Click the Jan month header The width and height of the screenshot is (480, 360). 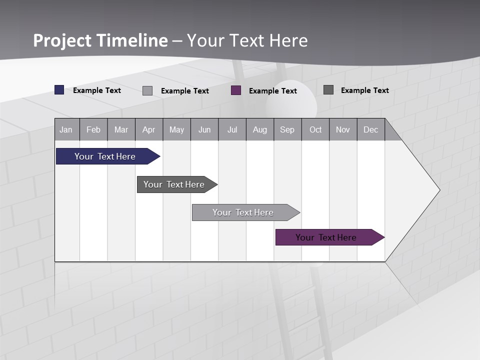66,130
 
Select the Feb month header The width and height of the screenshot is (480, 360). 93,130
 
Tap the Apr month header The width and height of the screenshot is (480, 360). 149,130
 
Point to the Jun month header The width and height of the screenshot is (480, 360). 204,130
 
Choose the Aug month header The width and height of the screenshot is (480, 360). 260,130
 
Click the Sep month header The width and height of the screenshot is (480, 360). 287,130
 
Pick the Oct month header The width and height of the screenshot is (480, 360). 315,130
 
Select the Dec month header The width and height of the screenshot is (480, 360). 371,130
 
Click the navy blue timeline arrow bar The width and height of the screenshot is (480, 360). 105,156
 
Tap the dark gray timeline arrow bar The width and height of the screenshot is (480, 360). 174,184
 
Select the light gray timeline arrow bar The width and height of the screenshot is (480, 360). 243,212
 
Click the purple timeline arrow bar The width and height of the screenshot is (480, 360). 326,237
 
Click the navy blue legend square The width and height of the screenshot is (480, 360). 59,90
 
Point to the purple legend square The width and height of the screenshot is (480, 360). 236,90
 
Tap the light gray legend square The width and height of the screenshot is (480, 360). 147,90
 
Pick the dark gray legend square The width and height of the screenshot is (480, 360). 328,90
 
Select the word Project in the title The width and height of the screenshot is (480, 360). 62,40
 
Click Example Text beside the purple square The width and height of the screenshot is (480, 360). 273,91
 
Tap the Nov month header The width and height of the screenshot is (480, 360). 343,130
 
